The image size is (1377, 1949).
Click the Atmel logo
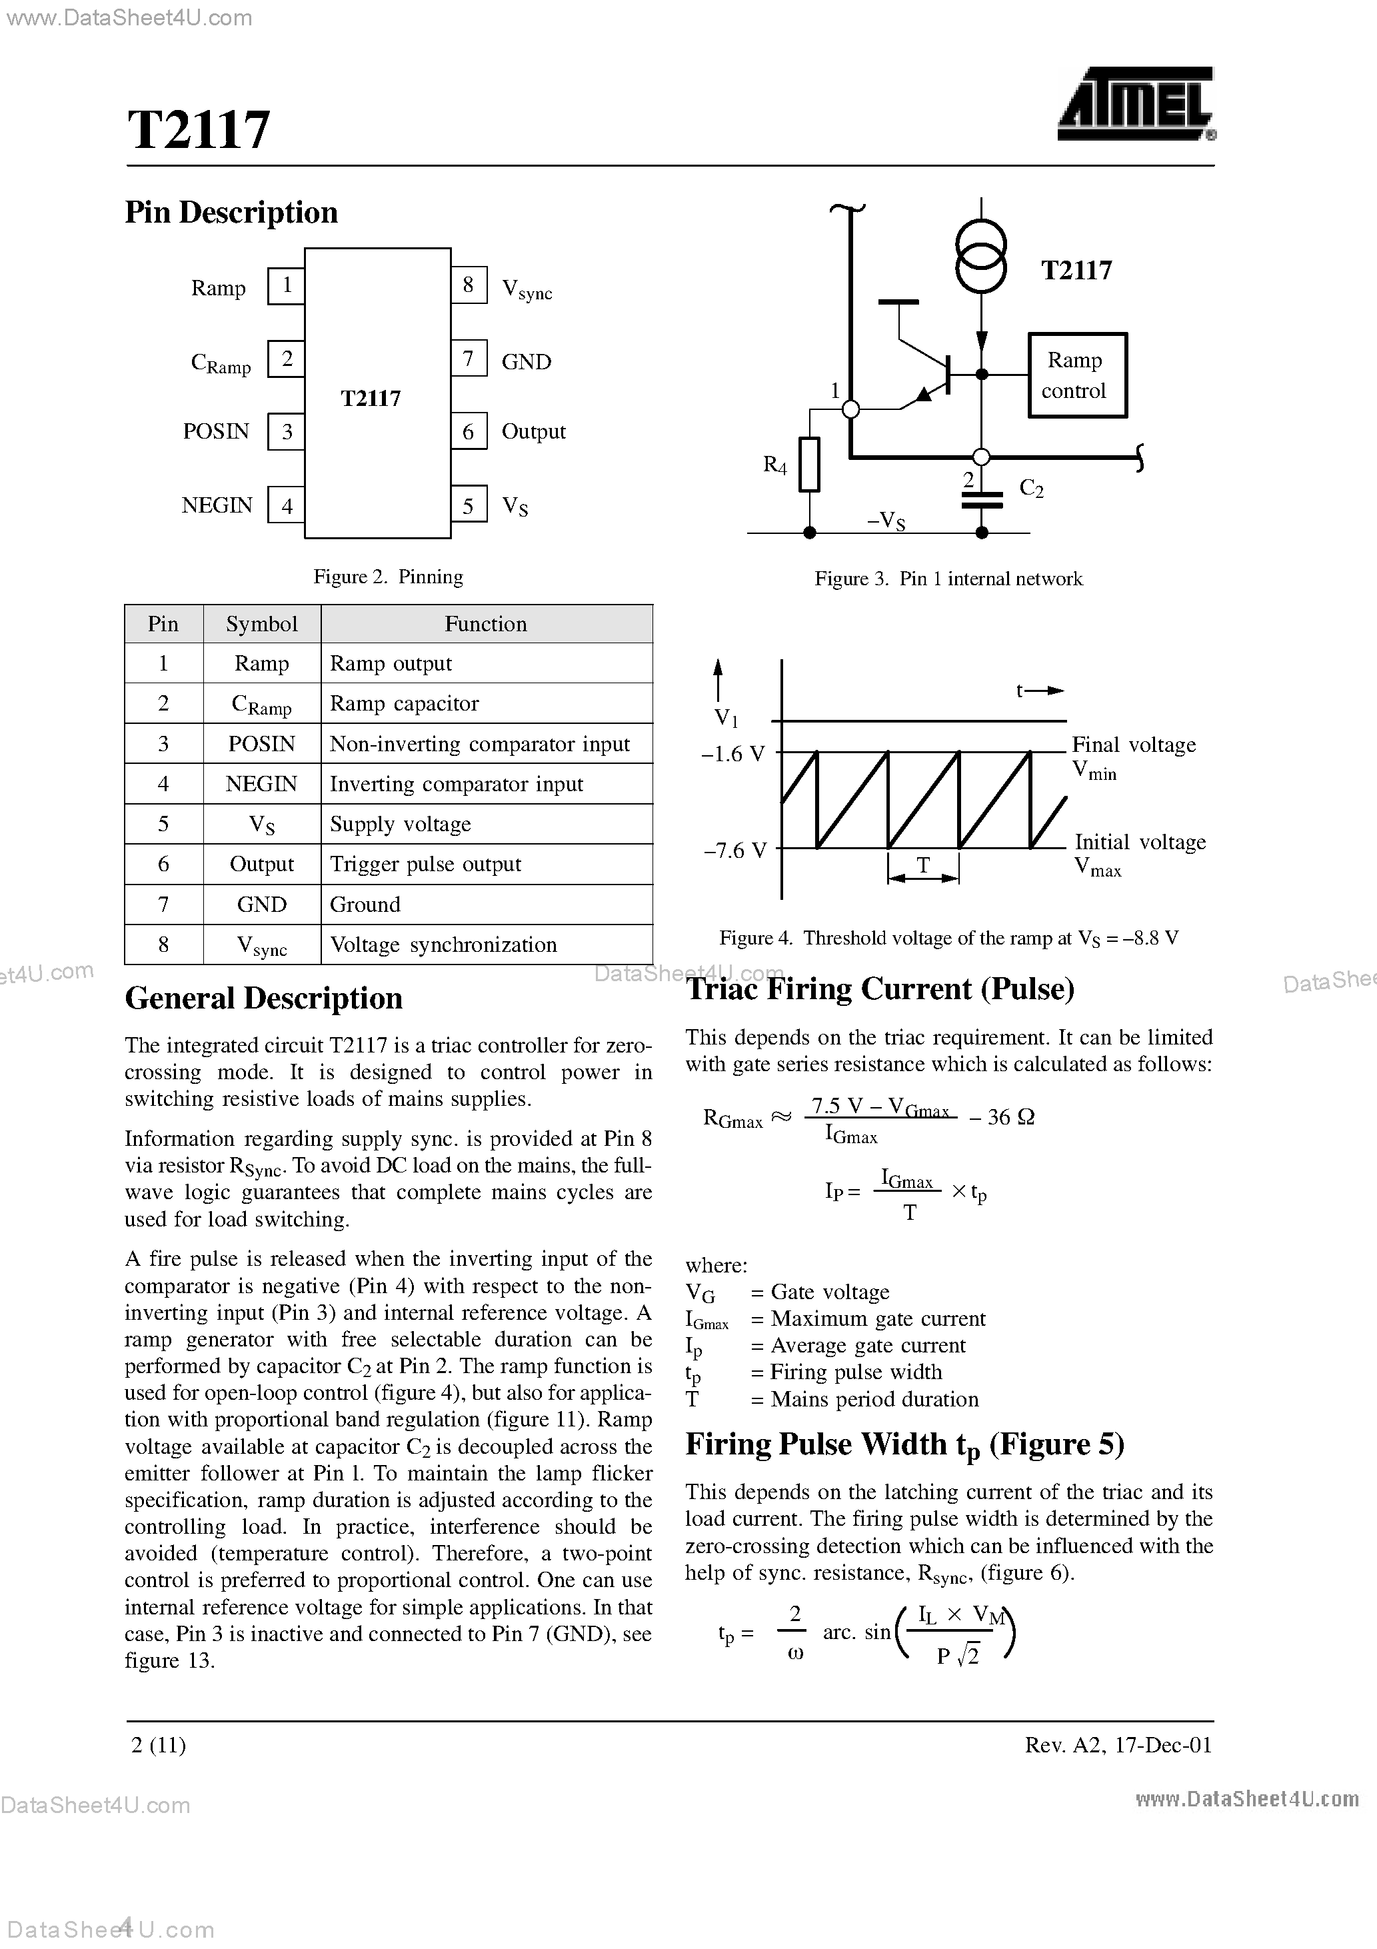pyautogui.click(x=1135, y=105)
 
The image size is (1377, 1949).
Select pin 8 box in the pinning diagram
pyautogui.click(x=469, y=285)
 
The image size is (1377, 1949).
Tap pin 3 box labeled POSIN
pyautogui.click(x=287, y=432)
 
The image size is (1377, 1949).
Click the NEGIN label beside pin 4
pyautogui.click(x=217, y=506)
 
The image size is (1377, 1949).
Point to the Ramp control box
pyautogui.click(x=1076, y=375)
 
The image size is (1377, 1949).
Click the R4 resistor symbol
pyautogui.click(x=809, y=465)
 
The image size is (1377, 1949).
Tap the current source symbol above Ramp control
pyautogui.click(x=981, y=254)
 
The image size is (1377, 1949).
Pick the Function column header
pyautogui.click(x=486, y=624)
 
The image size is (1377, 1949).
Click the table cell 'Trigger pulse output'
pyautogui.click(x=425, y=864)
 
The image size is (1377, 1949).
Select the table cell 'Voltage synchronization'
pyautogui.click(x=443, y=945)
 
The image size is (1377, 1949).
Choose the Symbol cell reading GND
pyautogui.click(x=261, y=905)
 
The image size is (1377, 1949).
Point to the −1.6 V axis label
pyautogui.click(x=732, y=754)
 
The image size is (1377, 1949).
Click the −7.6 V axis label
pyautogui.click(x=734, y=851)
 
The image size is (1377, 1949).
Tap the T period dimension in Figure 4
pyautogui.click(x=923, y=867)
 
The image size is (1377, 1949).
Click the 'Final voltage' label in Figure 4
pyautogui.click(x=1133, y=745)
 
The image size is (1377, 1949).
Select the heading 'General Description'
pyautogui.click(x=263, y=998)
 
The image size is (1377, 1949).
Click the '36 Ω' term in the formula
pyautogui.click(x=1010, y=1117)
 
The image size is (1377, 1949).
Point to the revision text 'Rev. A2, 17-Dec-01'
pyautogui.click(x=1118, y=1744)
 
